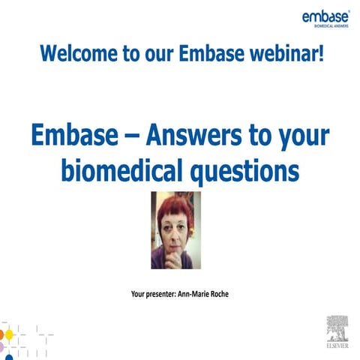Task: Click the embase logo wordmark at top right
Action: click(x=325, y=16)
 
